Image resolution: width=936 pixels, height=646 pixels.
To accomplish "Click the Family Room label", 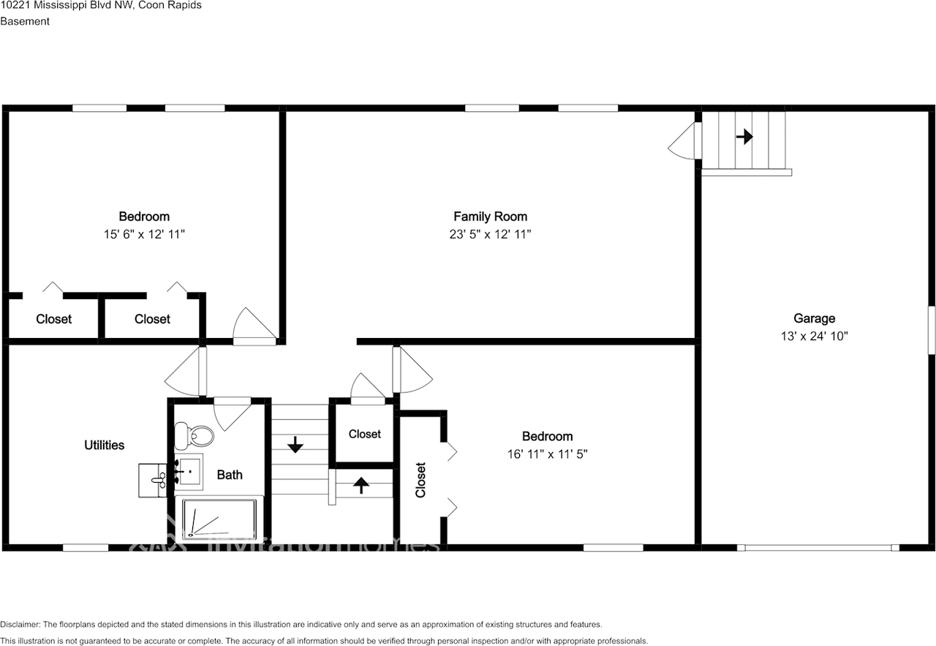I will (490, 217).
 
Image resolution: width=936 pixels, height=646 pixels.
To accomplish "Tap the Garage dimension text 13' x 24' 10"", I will (814, 337).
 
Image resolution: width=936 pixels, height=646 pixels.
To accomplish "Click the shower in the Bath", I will (219, 519).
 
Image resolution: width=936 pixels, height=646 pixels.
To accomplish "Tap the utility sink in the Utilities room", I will (154, 480).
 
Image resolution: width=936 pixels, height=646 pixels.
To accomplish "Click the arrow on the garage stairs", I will (744, 137).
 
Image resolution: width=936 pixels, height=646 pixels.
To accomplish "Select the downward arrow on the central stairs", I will (295, 444).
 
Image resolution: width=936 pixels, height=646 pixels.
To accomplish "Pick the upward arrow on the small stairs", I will (361, 485).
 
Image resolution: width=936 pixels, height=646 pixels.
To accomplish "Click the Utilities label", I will (104, 445).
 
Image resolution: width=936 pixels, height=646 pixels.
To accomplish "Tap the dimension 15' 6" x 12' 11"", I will (144, 234).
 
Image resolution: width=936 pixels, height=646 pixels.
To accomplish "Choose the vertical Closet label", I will (420, 480).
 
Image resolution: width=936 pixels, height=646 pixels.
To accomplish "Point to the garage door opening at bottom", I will (818, 547).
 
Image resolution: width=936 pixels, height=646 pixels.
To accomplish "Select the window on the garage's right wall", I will (932, 331).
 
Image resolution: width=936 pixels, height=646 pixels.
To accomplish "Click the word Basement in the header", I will (25, 21).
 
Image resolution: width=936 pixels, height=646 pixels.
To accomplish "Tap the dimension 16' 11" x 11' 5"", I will (547, 454).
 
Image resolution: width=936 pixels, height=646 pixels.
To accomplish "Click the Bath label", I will (230, 475).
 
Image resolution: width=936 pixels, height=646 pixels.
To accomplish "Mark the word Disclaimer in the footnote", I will (20, 624).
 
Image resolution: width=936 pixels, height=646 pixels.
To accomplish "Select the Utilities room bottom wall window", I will (86, 547).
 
